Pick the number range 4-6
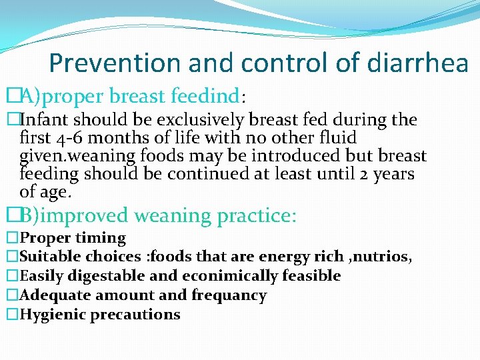69,138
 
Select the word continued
207,174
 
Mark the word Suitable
49,257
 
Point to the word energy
291,257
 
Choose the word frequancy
229,295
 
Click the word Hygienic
51,315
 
